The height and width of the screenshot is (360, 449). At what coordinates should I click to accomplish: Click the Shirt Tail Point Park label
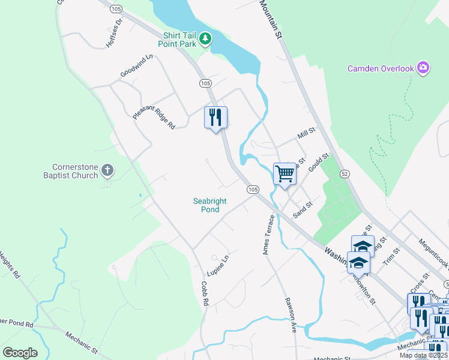pos(178,39)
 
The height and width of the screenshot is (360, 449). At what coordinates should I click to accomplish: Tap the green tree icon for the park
pos(206,39)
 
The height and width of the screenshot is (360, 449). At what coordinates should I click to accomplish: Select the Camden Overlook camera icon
pos(424,68)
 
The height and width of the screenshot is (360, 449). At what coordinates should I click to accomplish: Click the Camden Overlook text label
pos(381,68)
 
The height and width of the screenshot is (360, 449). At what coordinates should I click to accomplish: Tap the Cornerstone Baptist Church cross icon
pos(107,170)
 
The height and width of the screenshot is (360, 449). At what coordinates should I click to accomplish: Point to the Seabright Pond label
pos(210,205)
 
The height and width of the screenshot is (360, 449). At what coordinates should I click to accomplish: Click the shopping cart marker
pos(285,174)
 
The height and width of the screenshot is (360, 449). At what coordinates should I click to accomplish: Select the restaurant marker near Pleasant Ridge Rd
pos(215,118)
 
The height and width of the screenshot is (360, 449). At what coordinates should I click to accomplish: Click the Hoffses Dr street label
pos(113,29)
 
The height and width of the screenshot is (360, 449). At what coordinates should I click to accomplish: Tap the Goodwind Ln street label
pos(137,65)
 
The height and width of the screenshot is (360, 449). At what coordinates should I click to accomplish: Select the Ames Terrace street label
pos(268,235)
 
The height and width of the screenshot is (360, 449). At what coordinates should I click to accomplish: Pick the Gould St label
pos(320,163)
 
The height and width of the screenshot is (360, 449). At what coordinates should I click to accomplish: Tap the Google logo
pos(20,353)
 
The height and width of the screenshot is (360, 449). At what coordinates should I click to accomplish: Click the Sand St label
pos(303,209)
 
